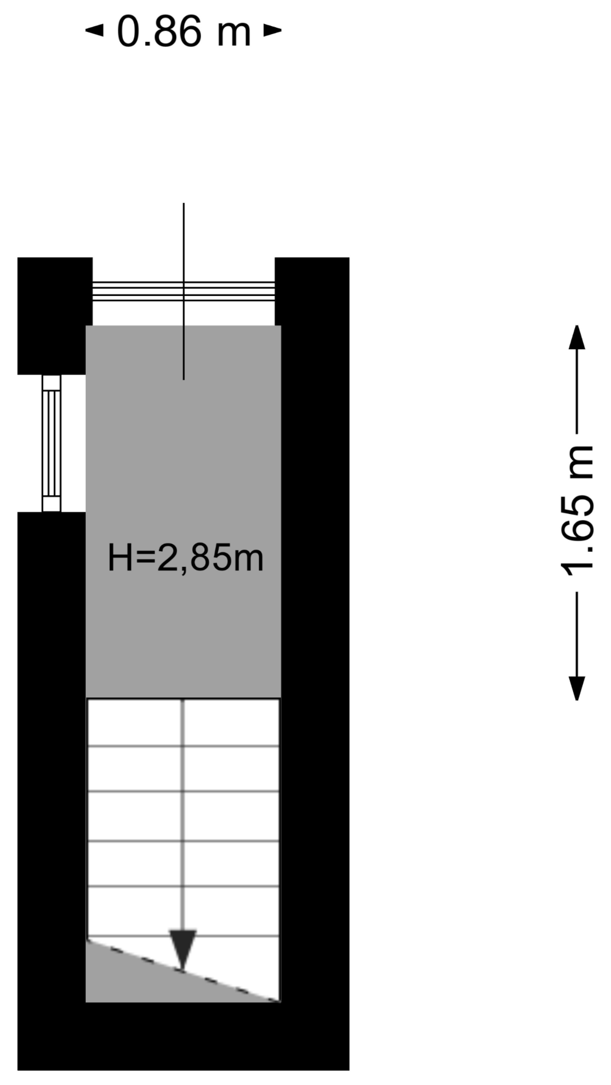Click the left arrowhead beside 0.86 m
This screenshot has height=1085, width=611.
(x=94, y=30)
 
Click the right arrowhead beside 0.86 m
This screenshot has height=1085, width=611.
(x=272, y=30)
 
